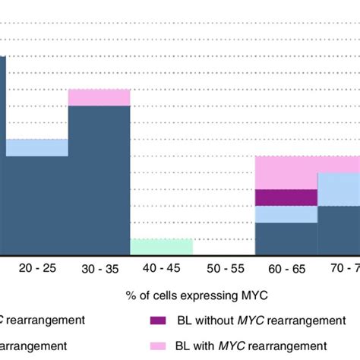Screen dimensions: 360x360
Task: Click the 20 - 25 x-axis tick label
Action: click(36, 268)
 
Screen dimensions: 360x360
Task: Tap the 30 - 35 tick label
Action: click(99, 268)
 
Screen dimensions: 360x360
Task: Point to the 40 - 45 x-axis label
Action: click(161, 268)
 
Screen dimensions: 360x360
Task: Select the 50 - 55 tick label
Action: click(223, 268)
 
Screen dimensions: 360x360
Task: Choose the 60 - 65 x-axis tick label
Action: click(286, 268)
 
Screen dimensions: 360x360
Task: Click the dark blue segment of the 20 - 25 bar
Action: click(36, 205)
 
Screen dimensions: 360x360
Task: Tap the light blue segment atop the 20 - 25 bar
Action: click(36, 147)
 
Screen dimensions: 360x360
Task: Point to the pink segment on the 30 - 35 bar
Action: click(99, 97)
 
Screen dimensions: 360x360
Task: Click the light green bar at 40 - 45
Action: click(161, 247)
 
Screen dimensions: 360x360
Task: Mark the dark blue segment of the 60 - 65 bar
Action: click(286, 238)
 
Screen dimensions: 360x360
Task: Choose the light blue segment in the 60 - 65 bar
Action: click(286, 214)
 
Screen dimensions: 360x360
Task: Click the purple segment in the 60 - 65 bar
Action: click(286, 197)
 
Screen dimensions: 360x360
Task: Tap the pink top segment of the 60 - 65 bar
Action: click(286, 172)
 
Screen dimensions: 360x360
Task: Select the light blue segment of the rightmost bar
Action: click(339, 189)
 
